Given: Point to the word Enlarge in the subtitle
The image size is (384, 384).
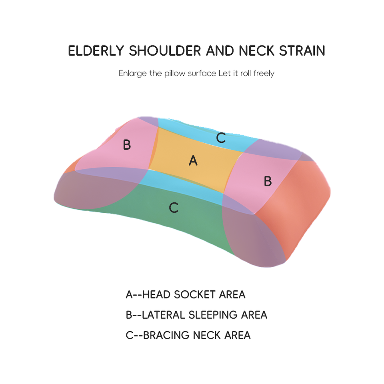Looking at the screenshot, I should click(132, 74).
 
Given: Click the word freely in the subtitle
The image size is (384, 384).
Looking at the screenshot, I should click(264, 74).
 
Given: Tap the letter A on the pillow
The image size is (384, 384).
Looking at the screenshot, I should click(193, 160).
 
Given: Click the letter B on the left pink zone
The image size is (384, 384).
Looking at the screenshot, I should click(127, 145).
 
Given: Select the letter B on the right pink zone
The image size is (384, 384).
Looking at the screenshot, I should click(268, 182).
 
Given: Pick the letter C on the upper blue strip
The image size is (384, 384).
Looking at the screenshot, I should click(221, 138).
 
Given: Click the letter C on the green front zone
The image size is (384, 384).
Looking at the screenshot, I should click(174, 208).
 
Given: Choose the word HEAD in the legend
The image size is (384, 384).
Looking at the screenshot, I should click(156, 295).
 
